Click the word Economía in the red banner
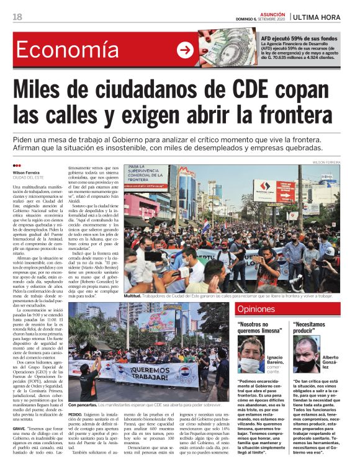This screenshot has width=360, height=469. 68,50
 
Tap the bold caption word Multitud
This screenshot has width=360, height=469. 134,297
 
